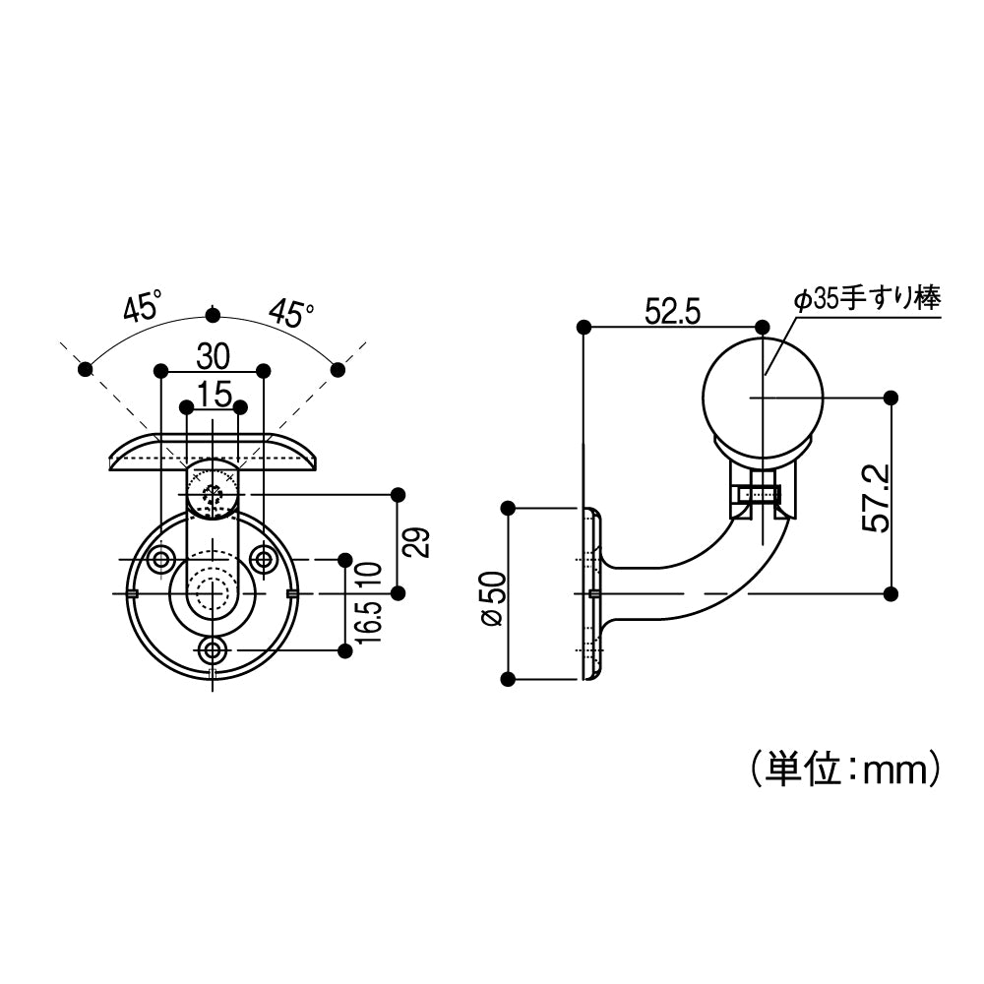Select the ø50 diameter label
(492, 597)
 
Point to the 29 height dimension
(419, 543)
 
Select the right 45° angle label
(291, 313)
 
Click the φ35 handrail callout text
(867, 299)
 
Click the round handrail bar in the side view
(763, 398)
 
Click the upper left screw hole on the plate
(159, 560)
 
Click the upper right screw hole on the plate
(263, 560)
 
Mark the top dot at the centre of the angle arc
(212, 315)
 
